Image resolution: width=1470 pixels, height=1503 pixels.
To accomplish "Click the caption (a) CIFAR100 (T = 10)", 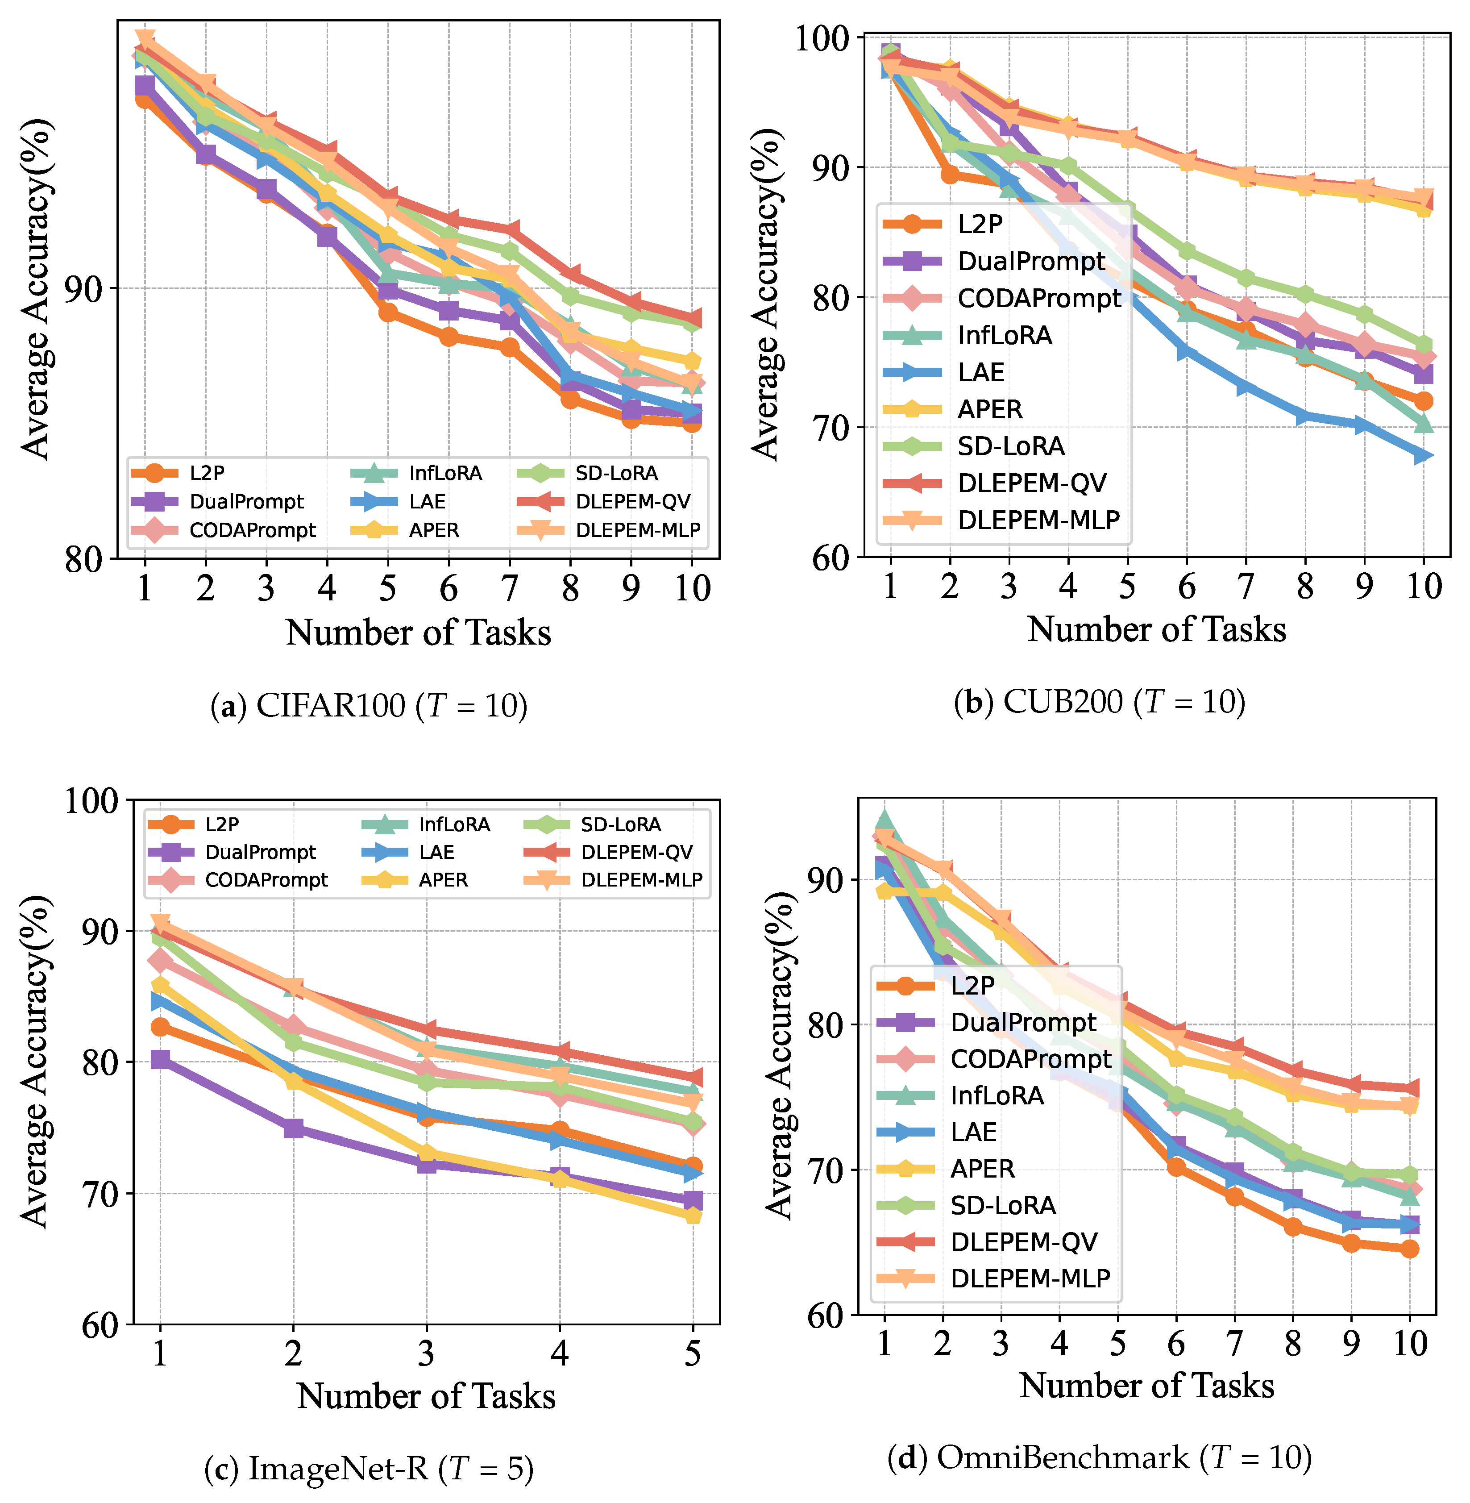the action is (x=369, y=705).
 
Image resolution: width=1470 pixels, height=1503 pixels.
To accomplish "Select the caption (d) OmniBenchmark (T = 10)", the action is (x=1100, y=1457).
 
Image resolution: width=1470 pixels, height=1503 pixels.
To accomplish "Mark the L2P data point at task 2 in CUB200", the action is (x=950, y=175).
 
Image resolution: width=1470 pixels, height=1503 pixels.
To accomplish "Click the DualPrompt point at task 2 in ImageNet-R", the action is (x=293, y=1128).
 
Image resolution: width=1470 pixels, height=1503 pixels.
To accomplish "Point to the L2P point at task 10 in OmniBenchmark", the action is (x=1410, y=1249).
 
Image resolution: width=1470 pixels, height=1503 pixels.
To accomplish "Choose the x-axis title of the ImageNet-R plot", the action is (x=426, y=1395).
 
